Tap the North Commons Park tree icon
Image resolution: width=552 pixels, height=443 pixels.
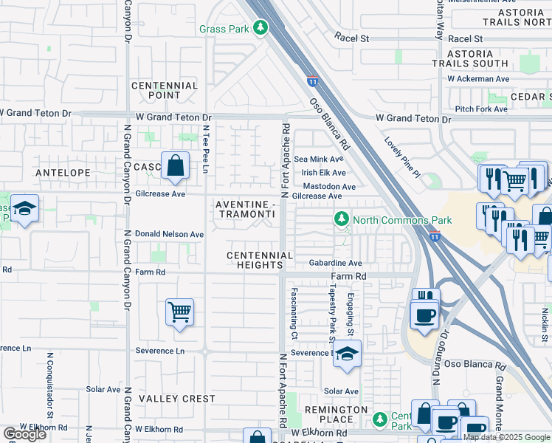click(341, 220)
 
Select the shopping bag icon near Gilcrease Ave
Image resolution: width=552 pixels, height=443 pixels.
click(176, 168)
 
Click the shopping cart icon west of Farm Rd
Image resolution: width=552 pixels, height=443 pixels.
click(179, 312)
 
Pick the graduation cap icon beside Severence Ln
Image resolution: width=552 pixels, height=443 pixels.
click(347, 354)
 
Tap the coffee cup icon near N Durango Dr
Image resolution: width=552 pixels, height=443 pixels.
click(424, 315)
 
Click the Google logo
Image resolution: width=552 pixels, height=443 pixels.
click(24, 434)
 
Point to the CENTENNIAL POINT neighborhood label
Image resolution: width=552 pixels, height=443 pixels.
click(165, 90)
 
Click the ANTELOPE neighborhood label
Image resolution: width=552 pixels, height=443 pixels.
click(63, 173)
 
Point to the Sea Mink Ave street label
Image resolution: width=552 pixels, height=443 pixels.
click(319, 159)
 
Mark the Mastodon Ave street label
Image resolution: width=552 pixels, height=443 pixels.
click(330, 187)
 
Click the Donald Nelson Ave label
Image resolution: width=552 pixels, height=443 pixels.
click(169, 234)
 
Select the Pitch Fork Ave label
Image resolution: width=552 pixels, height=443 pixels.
click(481, 109)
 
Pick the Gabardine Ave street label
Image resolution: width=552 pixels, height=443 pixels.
click(335, 263)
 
